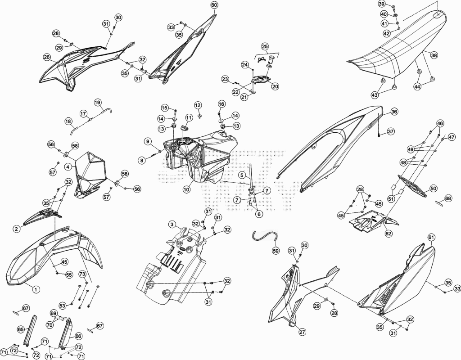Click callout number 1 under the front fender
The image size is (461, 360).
tap(36, 290)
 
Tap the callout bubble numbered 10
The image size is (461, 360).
tap(186, 189)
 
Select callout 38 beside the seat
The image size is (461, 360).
tap(434, 55)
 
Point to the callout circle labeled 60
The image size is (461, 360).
tap(214, 5)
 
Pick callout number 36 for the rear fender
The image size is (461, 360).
tap(394, 112)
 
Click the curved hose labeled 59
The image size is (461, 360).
tap(266, 235)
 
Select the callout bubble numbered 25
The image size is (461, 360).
tap(265, 46)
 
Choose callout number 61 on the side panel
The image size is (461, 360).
tap(431, 237)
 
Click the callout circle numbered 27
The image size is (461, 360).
tap(302, 333)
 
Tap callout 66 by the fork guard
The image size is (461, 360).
tap(78, 336)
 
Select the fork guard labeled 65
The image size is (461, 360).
tap(32, 330)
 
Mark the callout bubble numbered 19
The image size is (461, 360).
tap(98, 103)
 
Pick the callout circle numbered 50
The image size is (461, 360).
tap(433, 189)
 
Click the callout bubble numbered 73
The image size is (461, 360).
tap(82, 274)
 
